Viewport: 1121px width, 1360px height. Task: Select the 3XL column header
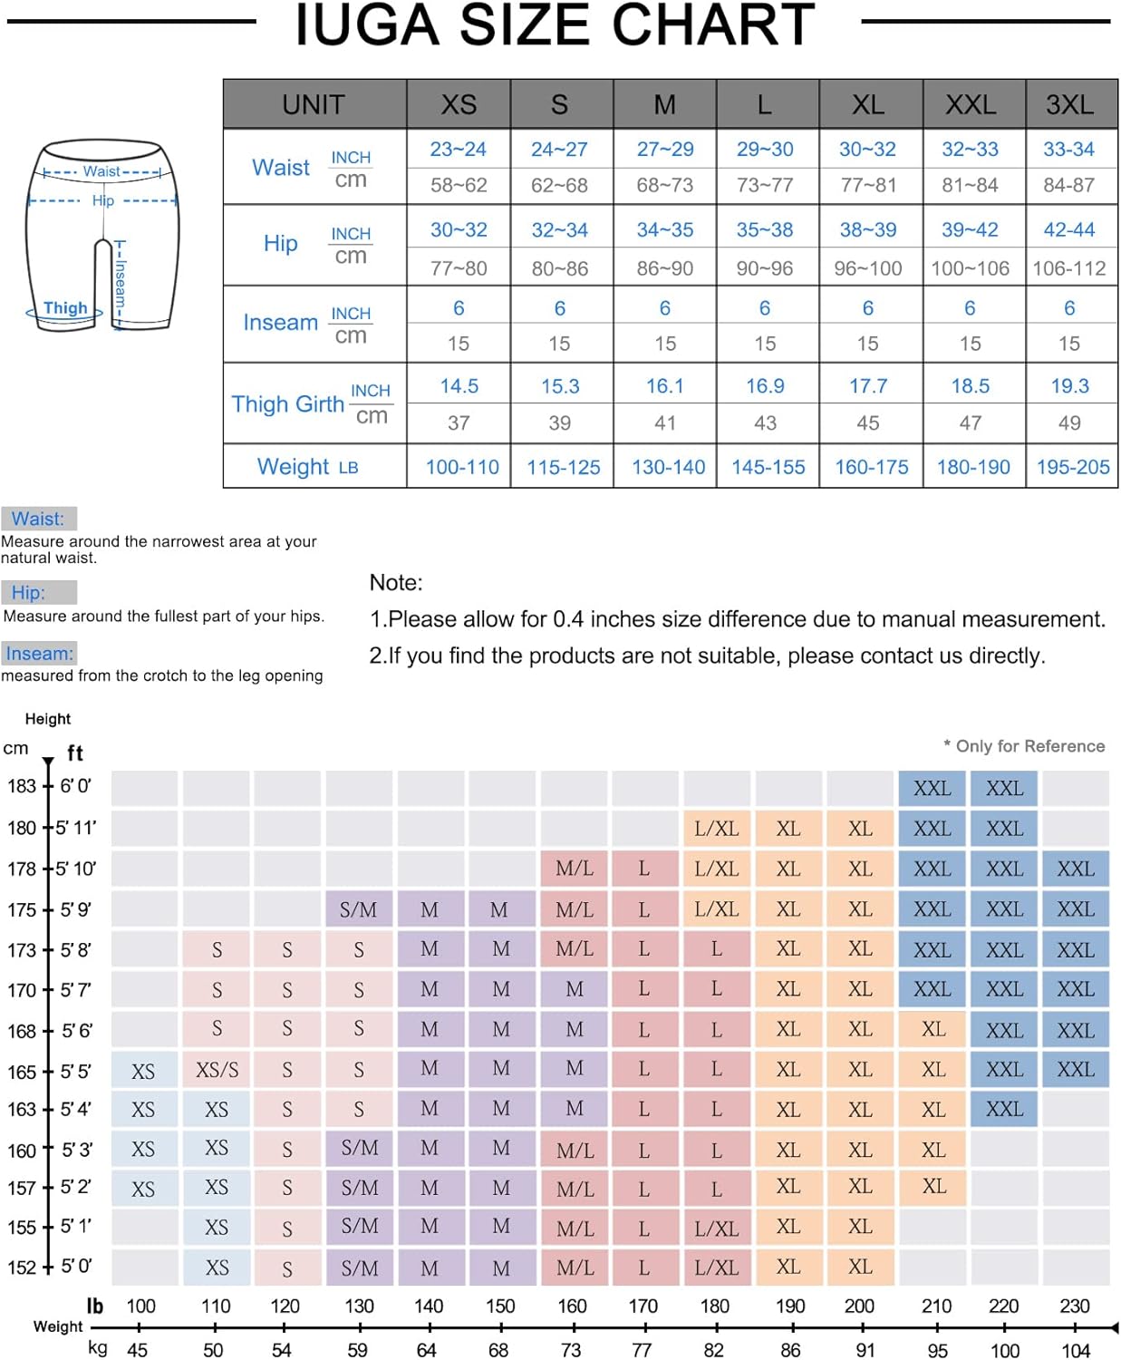1069,104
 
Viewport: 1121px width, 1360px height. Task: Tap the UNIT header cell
314,104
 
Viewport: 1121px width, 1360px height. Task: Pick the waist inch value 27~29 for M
664,149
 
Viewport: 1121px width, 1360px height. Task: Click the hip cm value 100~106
970,268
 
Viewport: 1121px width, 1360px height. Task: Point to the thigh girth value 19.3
1069,386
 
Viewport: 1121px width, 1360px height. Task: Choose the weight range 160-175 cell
871,467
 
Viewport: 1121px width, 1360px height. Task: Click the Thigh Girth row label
288,404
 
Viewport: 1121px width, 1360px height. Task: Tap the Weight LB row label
307,467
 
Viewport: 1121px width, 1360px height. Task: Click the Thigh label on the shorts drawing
65,308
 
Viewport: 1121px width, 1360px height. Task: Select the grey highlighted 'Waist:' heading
38,519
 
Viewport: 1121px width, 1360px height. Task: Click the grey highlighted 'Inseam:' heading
39,654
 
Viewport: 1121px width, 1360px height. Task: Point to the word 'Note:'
396,583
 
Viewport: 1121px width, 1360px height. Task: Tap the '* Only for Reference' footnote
1024,746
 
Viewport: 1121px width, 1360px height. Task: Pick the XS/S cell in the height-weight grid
217,1070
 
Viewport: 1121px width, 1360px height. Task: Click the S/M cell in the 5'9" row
358,909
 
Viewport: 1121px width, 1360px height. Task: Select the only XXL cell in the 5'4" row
1004,1109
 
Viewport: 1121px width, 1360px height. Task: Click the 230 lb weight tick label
1075,1307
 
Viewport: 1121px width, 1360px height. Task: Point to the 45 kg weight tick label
138,1350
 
